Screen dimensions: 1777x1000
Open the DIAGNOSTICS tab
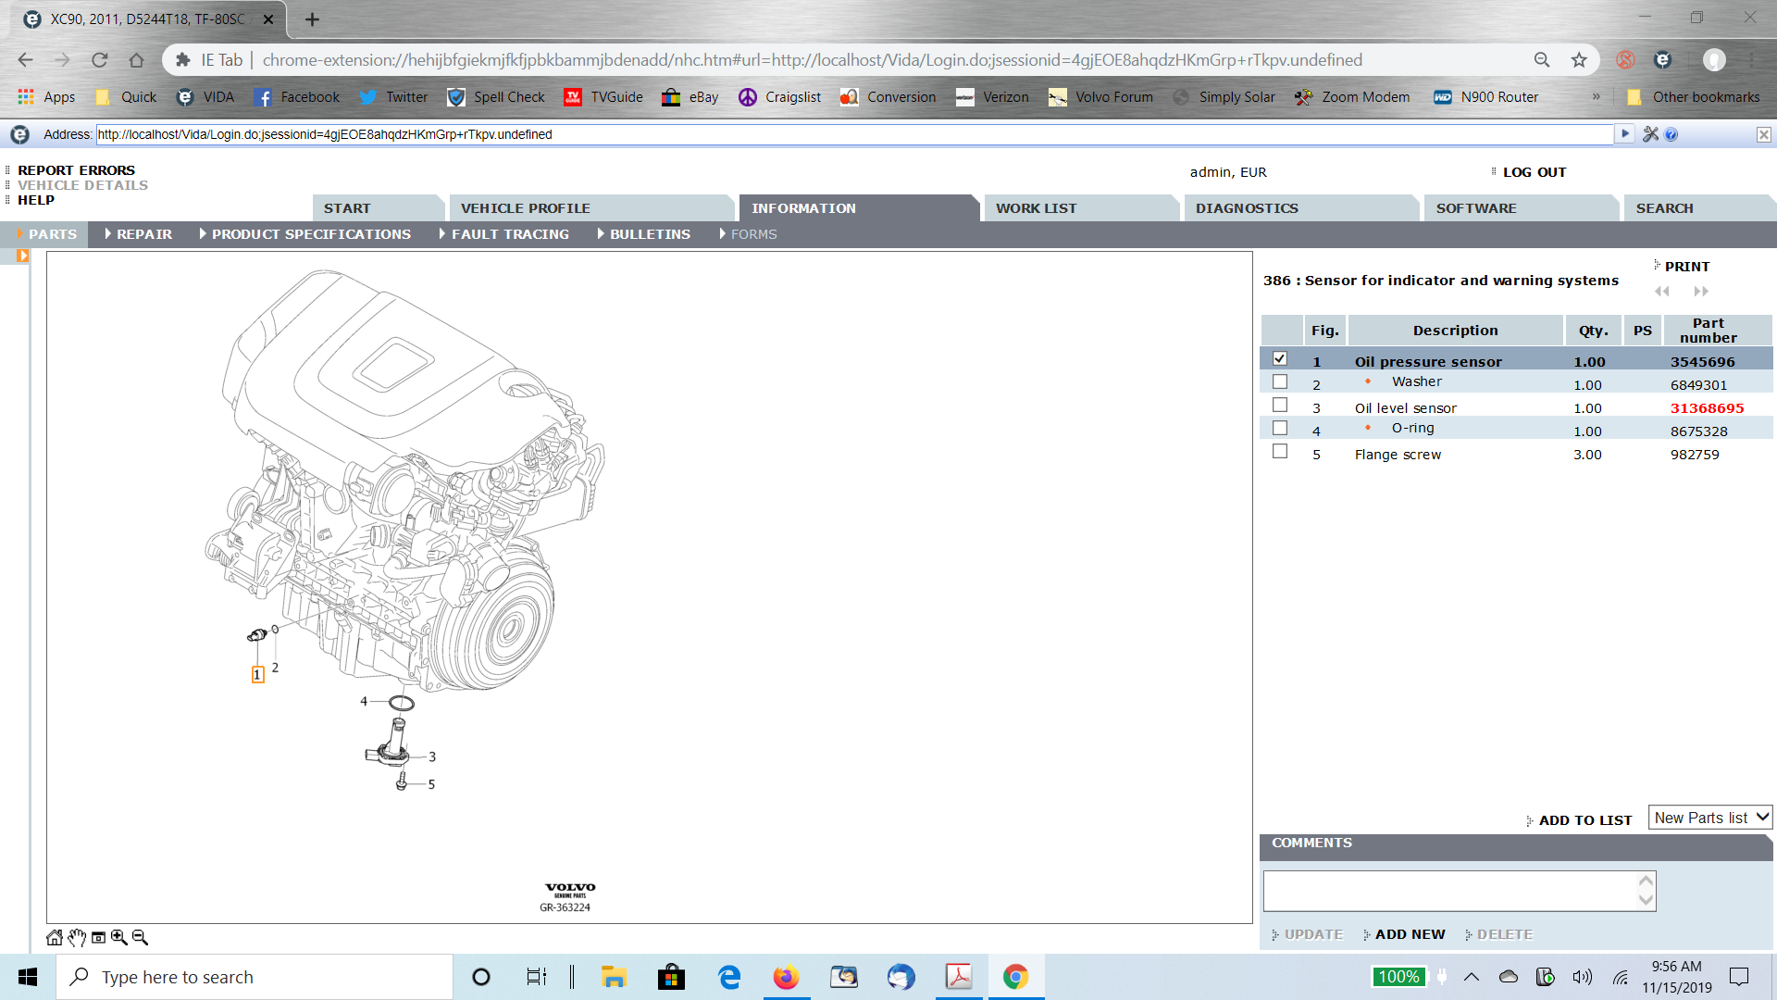pyautogui.click(x=1247, y=208)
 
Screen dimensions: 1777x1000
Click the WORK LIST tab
pyautogui.click(x=1036, y=208)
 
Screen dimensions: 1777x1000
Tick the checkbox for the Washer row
pyautogui.click(x=1280, y=381)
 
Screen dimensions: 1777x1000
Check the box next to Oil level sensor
pyautogui.click(x=1280, y=405)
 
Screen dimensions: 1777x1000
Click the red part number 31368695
pyautogui.click(x=1707, y=408)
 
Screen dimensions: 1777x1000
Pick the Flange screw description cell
pyautogui.click(x=1398, y=455)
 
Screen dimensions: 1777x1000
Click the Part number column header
pyautogui.click(x=1708, y=331)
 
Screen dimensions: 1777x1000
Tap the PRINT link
pyautogui.click(x=1686, y=267)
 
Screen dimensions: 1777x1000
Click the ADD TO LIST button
pyautogui.click(x=1584, y=820)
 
